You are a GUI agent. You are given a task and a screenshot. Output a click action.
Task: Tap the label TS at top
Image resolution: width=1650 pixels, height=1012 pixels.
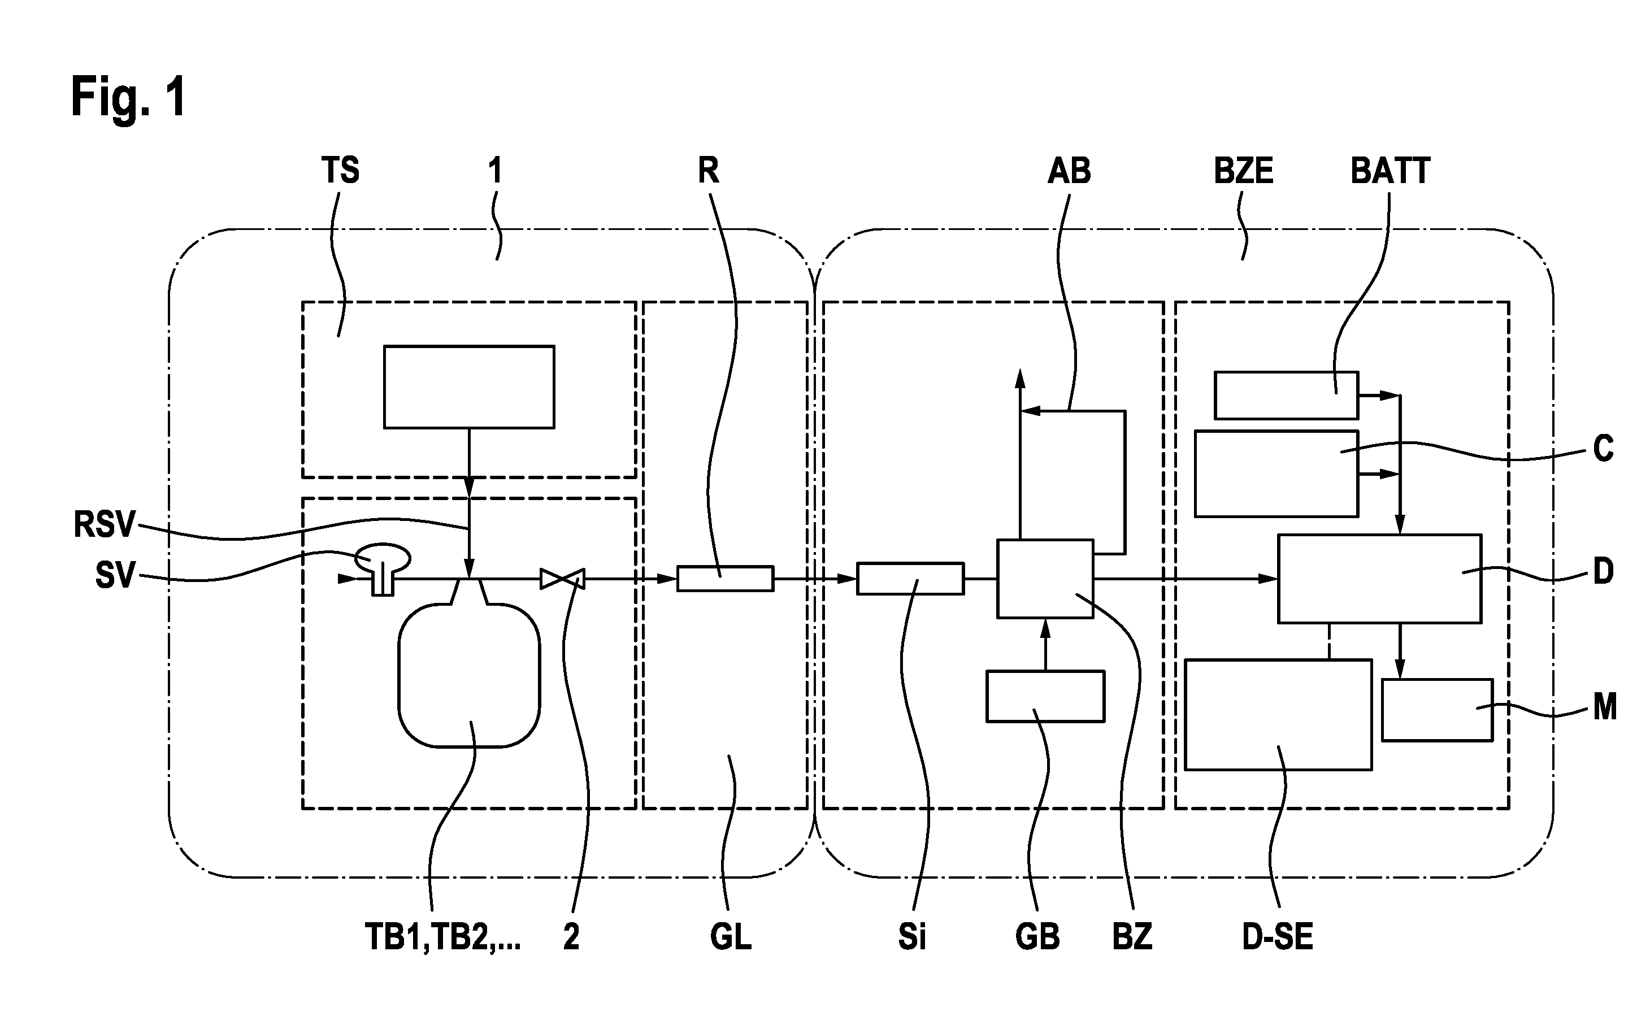pos(340,170)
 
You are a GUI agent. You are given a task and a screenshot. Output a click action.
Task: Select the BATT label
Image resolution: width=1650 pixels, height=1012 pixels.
pos(1390,170)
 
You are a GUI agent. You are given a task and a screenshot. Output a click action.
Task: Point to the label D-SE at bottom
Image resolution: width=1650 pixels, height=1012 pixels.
pos(1277,936)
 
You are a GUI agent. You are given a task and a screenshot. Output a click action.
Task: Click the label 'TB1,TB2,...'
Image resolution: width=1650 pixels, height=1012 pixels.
pos(442,937)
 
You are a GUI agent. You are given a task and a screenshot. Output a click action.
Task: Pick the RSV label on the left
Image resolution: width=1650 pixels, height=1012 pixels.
pos(105,524)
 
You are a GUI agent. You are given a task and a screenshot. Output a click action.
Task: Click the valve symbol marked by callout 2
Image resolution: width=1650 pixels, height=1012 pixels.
pos(562,579)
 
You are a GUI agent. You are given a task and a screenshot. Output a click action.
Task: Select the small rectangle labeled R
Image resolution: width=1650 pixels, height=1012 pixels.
pos(725,579)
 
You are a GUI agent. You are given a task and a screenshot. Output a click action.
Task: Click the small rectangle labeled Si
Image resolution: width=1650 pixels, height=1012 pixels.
pos(911,579)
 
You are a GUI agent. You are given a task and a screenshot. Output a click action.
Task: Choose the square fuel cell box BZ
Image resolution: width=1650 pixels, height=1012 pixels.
pos(1045,579)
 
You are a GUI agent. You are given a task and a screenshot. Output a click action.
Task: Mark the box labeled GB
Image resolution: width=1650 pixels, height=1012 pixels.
pos(1045,697)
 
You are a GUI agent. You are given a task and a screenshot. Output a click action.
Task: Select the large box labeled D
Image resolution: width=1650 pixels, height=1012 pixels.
pos(1379,579)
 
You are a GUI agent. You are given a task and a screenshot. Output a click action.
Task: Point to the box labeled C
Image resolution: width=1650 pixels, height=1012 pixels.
pos(1276,474)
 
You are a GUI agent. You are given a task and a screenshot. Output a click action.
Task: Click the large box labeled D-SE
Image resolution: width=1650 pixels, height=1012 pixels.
pos(1278,715)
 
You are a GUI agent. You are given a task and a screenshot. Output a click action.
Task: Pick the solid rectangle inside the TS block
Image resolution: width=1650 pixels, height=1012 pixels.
pos(469,387)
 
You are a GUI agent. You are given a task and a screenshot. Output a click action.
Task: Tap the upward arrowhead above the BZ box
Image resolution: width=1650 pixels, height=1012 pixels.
pos(1020,379)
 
